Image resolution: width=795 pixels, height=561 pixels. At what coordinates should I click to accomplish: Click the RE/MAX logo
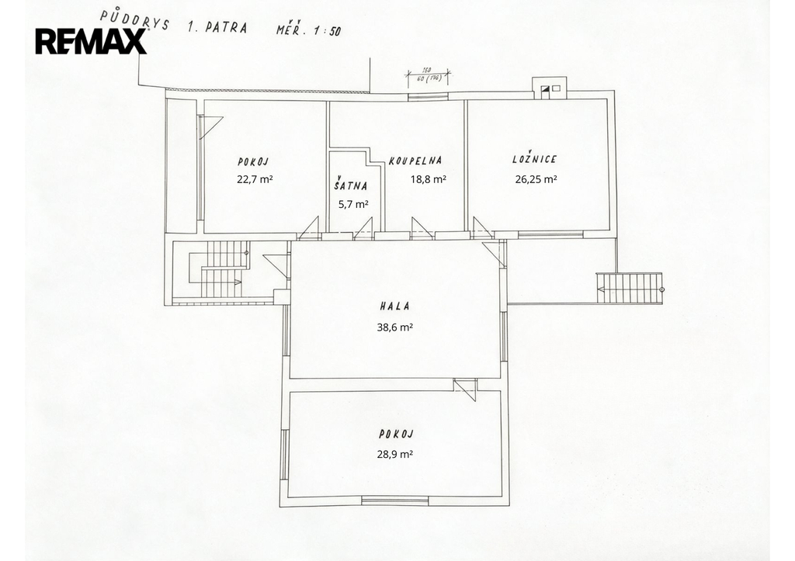coord(92,42)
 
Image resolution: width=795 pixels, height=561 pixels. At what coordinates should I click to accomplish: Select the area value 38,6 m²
coord(395,327)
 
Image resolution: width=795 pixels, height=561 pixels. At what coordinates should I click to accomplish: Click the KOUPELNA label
coord(415,161)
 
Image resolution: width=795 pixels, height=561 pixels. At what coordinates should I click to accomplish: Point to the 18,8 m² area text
coord(429,179)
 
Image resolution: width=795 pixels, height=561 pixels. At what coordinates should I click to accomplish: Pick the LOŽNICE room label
coord(534,158)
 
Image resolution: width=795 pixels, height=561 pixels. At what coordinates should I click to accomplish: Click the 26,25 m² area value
coord(536,179)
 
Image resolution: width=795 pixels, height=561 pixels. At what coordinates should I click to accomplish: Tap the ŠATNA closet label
coord(350,185)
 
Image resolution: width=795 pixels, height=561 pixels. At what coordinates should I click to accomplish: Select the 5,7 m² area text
coord(353,204)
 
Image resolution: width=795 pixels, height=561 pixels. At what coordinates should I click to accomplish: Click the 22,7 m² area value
coord(255,179)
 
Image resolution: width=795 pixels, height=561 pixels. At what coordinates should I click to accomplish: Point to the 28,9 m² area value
coord(395,454)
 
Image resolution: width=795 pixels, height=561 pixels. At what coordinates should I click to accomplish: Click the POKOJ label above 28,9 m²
coord(397,435)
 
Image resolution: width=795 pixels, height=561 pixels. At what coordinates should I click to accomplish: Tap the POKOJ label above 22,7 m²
coord(253,161)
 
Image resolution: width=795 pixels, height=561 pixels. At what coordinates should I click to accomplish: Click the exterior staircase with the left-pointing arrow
coord(630,288)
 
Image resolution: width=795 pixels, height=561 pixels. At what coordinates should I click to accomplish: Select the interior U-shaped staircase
coord(219,268)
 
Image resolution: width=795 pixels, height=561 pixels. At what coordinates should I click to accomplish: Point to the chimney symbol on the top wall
coord(549,87)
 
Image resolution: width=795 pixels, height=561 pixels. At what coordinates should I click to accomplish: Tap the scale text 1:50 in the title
coord(327,30)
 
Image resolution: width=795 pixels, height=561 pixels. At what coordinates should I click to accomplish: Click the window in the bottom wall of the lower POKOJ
coord(395,501)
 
